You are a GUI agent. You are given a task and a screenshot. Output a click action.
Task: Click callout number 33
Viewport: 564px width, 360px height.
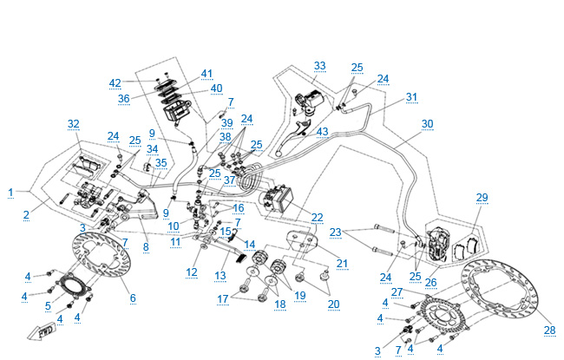coord(320,66)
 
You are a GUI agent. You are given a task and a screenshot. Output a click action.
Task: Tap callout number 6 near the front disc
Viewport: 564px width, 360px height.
coord(133,298)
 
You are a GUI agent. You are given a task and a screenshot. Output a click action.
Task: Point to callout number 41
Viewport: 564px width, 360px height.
coord(207,73)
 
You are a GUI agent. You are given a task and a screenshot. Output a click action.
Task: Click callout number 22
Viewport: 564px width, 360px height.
coord(318,217)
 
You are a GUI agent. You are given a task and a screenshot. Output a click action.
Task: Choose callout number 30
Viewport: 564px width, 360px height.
coord(426,123)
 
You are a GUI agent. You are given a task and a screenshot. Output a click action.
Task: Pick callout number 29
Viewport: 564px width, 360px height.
coord(482,199)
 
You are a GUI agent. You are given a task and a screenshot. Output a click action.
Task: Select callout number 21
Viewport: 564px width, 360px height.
coord(341,263)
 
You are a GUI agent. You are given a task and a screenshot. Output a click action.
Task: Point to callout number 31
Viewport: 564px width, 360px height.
coord(411,96)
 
